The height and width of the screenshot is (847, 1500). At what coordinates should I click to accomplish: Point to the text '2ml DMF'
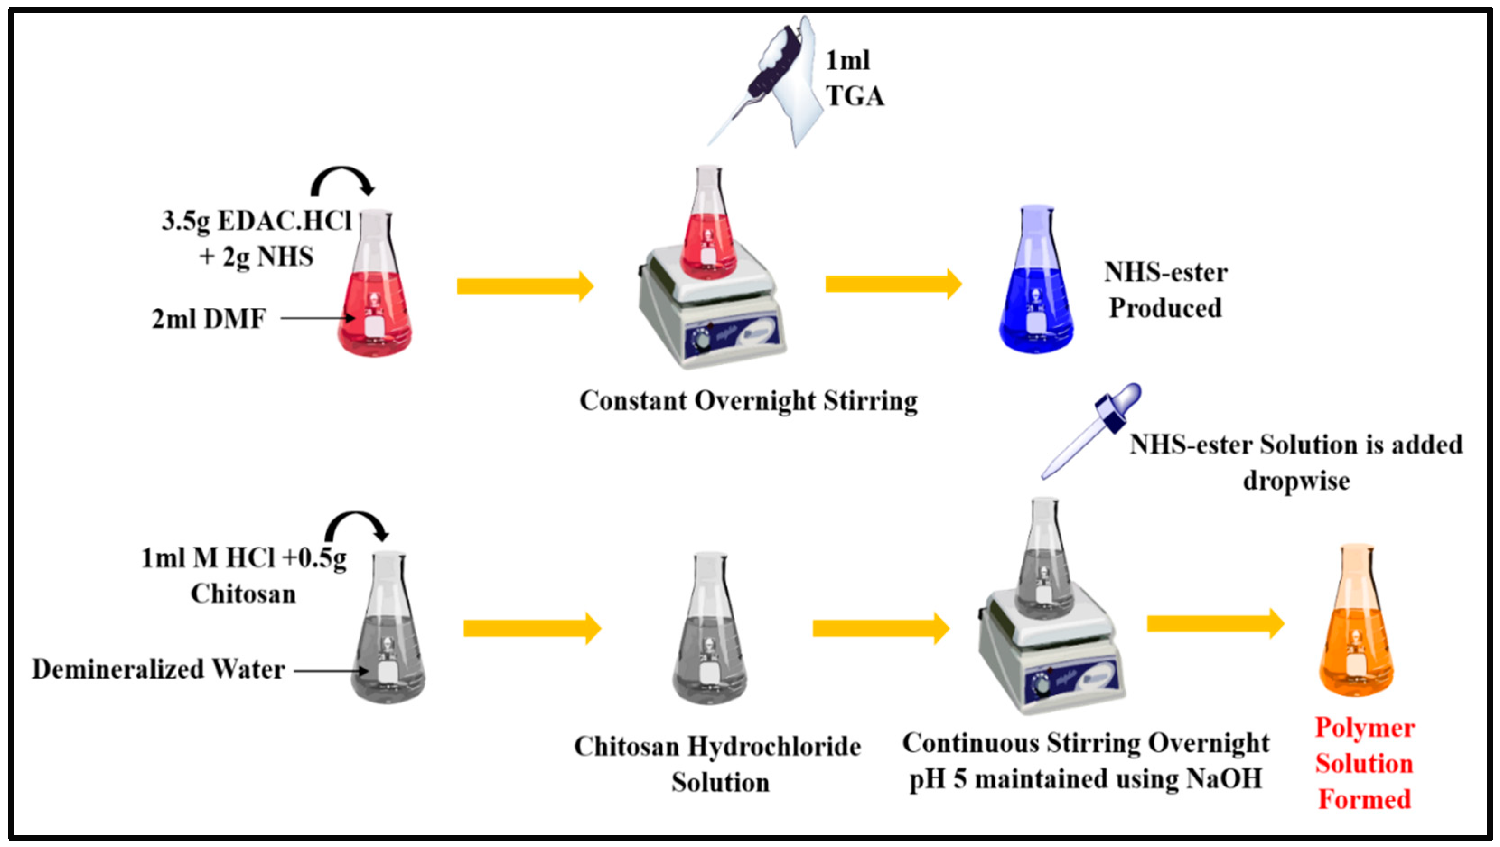209,318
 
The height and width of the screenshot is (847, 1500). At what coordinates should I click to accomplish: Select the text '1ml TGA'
853,79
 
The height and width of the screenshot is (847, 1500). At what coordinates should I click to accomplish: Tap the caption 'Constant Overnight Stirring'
748,401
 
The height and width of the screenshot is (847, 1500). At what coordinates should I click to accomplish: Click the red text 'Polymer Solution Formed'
1364,763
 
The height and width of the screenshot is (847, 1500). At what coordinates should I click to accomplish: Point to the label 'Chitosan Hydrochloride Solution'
717,764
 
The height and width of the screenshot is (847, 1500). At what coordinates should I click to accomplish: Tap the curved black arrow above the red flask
343,181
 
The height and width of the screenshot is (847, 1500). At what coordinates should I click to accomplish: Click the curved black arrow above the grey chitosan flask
356,525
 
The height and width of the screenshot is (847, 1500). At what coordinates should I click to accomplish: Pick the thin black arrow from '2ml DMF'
318,318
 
